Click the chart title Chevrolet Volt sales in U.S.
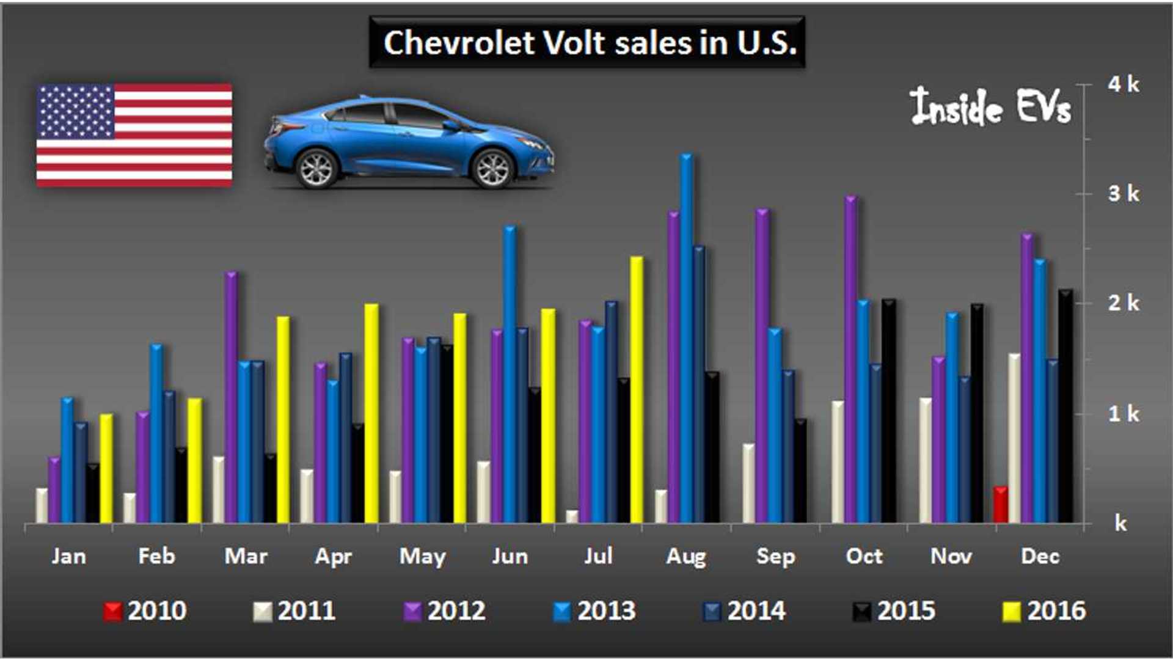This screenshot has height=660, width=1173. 587,42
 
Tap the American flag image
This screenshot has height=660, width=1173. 134,135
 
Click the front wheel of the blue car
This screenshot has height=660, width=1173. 492,168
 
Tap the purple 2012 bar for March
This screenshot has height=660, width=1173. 231,397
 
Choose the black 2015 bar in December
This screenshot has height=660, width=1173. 1065,406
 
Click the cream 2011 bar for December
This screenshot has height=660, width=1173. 1014,438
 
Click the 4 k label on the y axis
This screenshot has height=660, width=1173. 1124,84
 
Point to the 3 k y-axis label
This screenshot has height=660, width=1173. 1124,194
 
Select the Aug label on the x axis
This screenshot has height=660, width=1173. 686,556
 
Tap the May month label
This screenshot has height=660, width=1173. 422,556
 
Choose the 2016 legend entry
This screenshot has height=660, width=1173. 1045,610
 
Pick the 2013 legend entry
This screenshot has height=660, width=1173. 595,610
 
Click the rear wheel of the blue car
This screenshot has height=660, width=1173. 316,168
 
